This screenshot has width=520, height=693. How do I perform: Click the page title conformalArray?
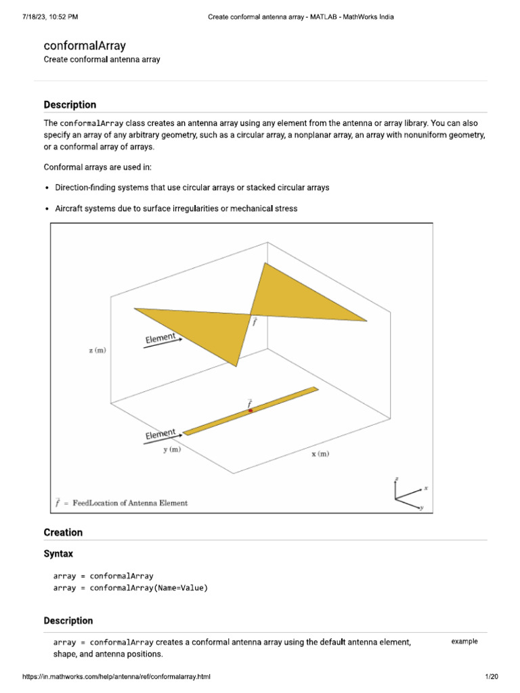(x=85, y=46)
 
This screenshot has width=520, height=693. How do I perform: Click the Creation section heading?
(x=63, y=533)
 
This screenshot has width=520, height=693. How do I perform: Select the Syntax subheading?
(x=58, y=554)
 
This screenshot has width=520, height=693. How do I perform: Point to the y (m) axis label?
(x=171, y=449)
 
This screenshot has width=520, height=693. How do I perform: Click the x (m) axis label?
(x=320, y=454)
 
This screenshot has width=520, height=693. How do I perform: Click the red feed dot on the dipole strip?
(x=251, y=411)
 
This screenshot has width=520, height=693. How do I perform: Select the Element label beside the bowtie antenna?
(x=160, y=337)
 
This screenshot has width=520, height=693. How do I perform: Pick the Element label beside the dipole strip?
(x=160, y=434)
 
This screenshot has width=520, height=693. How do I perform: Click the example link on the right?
(x=464, y=642)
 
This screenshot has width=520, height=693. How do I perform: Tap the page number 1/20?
(x=492, y=677)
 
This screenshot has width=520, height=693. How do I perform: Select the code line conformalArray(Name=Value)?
(x=131, y=588)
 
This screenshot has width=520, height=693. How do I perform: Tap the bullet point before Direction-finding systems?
(x=47, y=187)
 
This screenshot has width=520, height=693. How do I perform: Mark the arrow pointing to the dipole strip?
(x=162, y=440)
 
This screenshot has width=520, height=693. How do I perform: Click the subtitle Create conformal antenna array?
(x=102, y=60)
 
